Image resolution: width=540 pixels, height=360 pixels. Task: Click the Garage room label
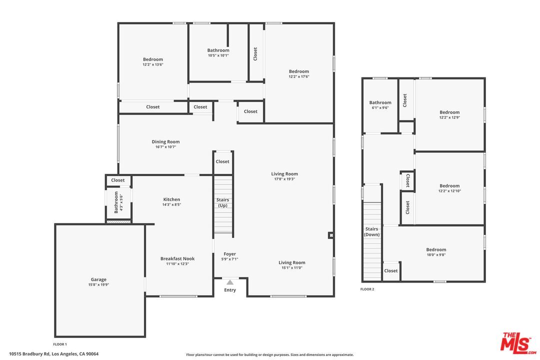(98, 279)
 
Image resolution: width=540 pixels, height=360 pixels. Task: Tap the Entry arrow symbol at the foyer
(230, 282)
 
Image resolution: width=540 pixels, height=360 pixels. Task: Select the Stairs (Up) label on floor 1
(222, 202)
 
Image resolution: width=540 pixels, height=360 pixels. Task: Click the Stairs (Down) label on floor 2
(371, 232)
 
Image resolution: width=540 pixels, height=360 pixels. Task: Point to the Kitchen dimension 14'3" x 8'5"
(171, 204)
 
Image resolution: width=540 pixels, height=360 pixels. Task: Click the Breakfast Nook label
(177, 258)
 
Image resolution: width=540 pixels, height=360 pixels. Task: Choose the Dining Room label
(166, 141)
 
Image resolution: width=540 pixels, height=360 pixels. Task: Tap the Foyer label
(229, 254)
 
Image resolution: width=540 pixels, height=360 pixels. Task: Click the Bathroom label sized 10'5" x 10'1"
(218, 50)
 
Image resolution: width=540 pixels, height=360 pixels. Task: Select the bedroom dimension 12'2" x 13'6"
(153, 64)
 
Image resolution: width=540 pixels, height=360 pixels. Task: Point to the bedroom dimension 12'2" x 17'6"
(299, 76)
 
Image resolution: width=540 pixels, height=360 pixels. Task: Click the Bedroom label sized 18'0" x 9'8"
(436, 249)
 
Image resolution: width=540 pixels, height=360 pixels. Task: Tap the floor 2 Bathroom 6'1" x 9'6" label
(380, 102)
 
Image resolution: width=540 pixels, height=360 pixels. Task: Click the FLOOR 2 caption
(367, 289)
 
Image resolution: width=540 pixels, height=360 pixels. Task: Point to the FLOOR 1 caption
(60, 344)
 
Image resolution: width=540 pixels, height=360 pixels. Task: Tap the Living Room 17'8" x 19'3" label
(284, 174)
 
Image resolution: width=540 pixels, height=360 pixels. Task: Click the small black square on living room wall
(330, 235)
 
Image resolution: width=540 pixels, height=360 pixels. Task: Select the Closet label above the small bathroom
(118, 180)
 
